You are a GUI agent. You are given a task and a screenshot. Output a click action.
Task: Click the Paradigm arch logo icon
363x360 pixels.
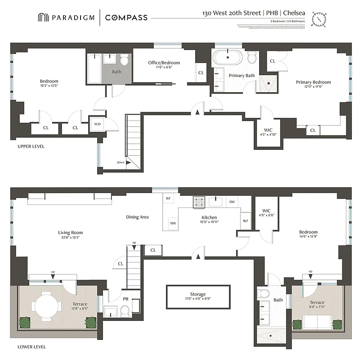tap(43, 18)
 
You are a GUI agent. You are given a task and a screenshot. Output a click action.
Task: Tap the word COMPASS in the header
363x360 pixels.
tap(126, 18)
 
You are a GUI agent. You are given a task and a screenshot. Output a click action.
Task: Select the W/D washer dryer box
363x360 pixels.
tap(97, 124)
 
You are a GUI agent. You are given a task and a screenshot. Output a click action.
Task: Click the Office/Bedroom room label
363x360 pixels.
tap(164, 63)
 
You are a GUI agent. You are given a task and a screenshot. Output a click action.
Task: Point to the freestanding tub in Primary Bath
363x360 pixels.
tap(228, 58)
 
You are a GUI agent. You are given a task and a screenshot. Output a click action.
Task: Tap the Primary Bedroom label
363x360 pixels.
tap(313, 82)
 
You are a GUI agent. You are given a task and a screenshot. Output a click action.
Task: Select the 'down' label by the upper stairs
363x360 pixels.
tap(121, 162)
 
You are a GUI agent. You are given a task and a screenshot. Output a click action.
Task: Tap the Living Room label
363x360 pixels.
tap(70, 233)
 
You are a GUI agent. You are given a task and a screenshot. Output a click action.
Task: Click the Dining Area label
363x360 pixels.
tap(137, 217)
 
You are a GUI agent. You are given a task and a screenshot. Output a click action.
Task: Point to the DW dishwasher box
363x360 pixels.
tap(232, 202)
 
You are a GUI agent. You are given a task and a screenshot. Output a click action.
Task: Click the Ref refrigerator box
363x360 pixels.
tap(245, 220)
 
